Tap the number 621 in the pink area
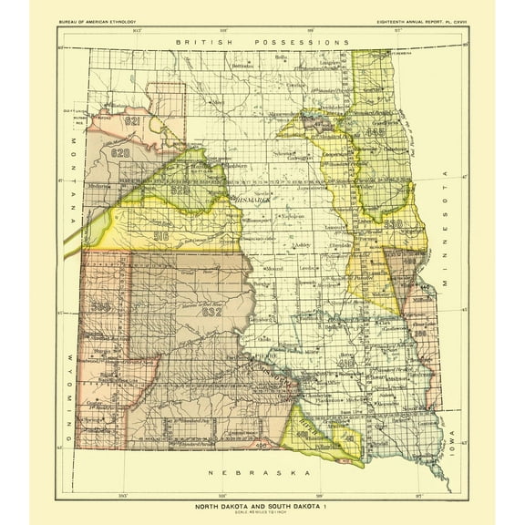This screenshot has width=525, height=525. tap(133, 120)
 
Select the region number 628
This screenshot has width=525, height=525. tap(121, 152)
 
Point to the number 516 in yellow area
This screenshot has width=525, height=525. tap(162, 234)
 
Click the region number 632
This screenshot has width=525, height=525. tap(212, 311)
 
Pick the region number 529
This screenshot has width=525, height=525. tap(180, 190)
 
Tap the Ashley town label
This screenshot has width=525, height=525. tap(304, 246)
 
